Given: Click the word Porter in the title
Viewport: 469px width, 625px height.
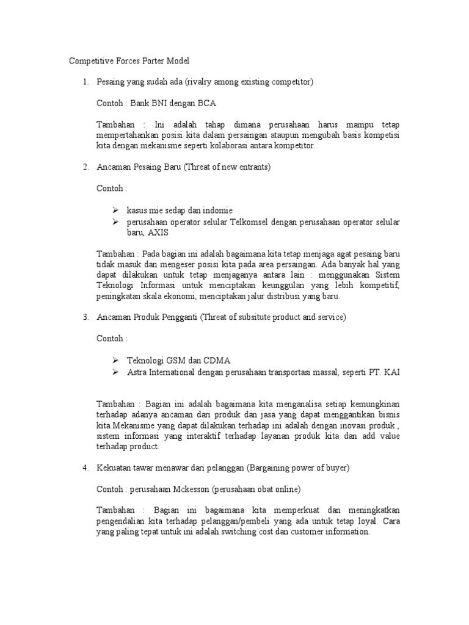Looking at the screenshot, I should pyautogui.click(x=148, y=61).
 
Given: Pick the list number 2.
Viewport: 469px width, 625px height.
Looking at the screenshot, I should pyautogui.click(x=85, y=167).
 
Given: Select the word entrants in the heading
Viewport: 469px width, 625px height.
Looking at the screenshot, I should pyautogui.click(x=252, y=167).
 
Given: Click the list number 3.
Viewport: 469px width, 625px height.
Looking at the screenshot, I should pyautogui.click(x=85, y=317).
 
